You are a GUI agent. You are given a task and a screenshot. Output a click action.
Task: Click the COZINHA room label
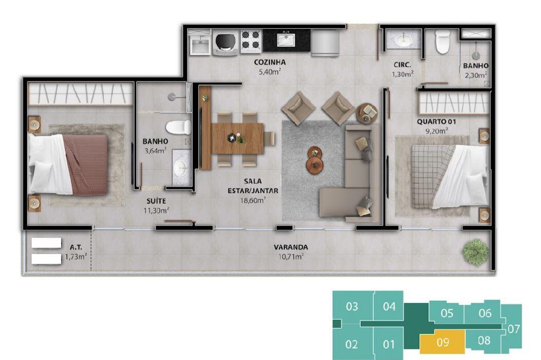pos(270,62)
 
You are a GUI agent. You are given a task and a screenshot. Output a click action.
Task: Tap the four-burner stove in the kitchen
pos(251,41)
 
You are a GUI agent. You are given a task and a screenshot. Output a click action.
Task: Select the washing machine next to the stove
pos(225,43)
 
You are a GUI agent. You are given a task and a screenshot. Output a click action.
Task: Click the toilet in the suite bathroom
pos(178,127)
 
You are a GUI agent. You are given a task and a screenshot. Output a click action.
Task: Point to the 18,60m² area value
pos(253,200)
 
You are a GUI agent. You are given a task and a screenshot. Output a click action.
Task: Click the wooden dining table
pos(237,139)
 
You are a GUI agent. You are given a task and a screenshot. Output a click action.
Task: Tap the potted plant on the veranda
pos(476,251)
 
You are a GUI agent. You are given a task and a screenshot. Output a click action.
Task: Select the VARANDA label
pos(291,247)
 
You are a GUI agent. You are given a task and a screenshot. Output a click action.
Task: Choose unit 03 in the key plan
pos(352,306)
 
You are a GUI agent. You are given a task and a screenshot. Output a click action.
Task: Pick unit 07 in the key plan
pos(514,329)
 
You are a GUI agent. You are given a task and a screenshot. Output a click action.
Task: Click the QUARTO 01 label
pos(437,122)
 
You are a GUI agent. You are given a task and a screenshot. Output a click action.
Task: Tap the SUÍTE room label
pos(156,201)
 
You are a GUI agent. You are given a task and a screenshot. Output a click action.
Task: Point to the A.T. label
pos(76,247)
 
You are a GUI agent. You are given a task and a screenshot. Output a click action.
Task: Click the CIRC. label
pos(402,65)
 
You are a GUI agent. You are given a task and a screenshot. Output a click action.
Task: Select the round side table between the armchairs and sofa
pos(367,113)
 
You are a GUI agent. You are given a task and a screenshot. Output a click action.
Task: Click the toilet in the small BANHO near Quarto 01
pos(443,41)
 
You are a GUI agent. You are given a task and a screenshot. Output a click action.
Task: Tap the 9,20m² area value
pos(437,131)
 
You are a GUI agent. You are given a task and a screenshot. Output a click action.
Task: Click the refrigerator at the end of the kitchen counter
pos(325,43)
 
